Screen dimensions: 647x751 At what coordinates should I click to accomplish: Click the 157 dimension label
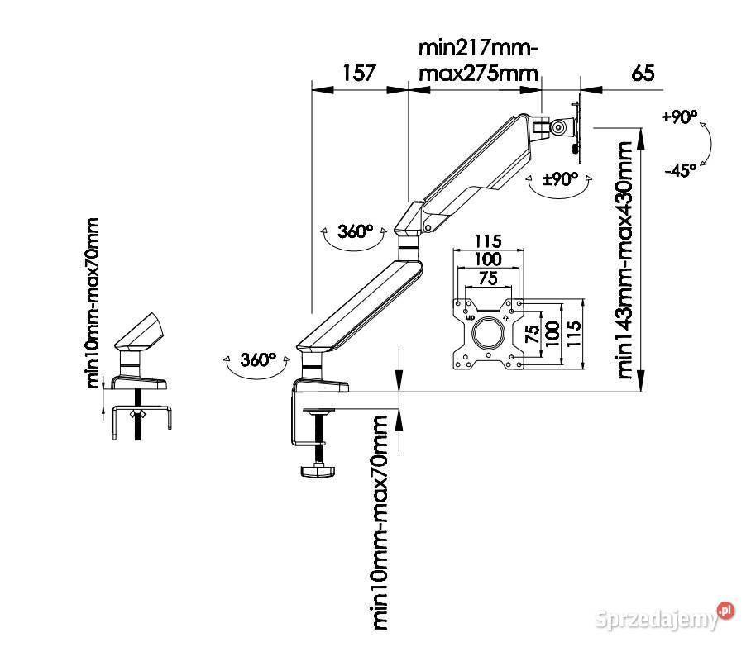click(x=359, y=72)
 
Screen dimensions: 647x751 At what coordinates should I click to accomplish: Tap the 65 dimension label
click(x=643, y=72)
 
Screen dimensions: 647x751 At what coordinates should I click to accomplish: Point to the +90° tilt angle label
click(x=679, y=117)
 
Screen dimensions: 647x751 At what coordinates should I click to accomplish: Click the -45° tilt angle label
click(x=680, y=171)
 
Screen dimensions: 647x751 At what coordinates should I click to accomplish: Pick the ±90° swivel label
click(x=560, y=178)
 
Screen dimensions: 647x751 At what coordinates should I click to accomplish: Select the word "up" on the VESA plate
click(x=470, y=316)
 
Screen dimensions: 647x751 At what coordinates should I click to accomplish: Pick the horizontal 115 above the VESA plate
click(x=488, y=242)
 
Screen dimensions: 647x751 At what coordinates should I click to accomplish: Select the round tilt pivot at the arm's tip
click(x=560, y=128)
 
